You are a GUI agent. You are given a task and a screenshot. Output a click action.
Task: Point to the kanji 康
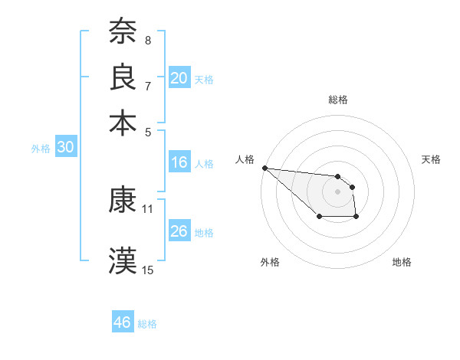click(123, 200)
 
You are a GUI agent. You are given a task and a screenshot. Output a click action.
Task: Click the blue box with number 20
click(179, 78)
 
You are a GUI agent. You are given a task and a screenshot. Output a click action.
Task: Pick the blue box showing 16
click(179, 162)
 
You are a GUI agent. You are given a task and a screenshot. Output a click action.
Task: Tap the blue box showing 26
click(179, 231)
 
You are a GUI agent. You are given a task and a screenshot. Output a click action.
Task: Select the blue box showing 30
click(65, 148)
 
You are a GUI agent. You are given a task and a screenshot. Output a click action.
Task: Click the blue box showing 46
click(123, 322)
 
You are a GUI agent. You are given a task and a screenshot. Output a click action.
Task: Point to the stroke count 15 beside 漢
click(148, 270)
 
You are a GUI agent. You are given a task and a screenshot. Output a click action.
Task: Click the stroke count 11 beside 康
click(148, 208)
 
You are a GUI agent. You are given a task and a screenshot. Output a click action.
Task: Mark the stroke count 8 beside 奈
click(148, 40)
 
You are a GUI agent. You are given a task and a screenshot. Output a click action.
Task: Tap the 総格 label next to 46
click(148, 324)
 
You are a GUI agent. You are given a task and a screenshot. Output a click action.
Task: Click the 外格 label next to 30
click(41, 149)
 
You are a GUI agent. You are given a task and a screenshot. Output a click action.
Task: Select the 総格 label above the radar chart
click(337, 100)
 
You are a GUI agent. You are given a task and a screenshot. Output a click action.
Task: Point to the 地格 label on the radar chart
click(402, 262)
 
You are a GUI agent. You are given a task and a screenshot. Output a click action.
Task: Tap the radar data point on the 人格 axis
click(264, 168)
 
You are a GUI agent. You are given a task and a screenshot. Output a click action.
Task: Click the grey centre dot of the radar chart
click(337, 191)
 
